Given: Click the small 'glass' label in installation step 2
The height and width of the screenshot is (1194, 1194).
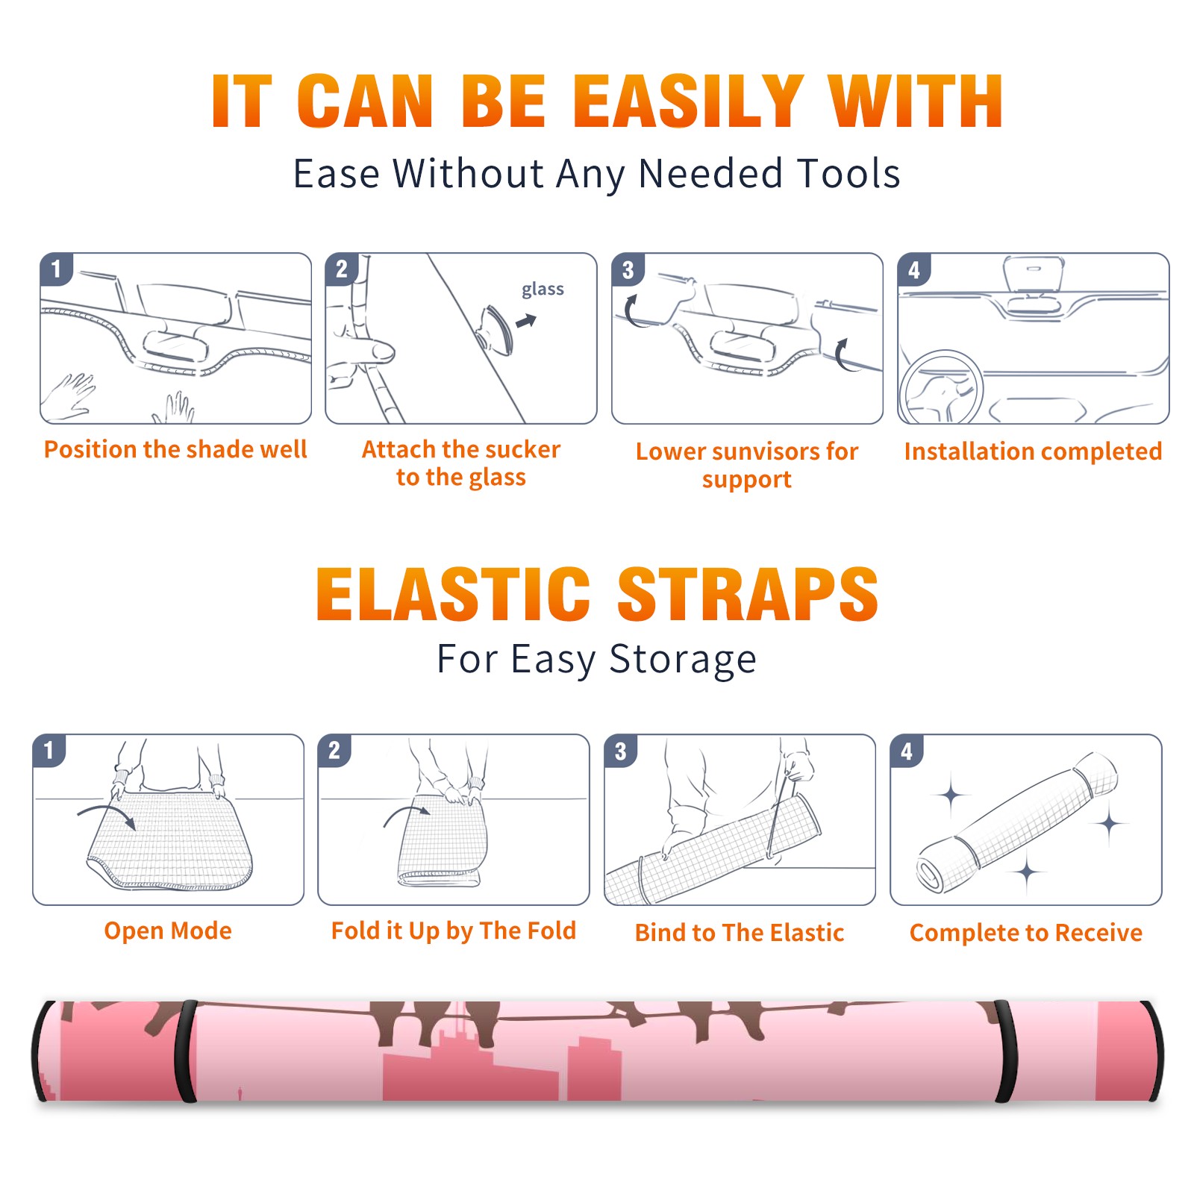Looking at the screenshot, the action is point(543,290).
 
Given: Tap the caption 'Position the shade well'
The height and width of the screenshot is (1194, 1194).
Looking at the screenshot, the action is point(175,449).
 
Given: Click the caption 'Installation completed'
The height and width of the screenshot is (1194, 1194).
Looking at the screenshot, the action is point(1033,451).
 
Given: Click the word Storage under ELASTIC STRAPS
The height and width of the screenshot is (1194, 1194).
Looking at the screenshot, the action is point(683,660).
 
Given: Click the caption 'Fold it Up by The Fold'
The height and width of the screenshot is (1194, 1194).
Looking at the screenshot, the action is point(454,931).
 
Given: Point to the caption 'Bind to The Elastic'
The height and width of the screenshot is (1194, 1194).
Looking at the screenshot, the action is point(740,933).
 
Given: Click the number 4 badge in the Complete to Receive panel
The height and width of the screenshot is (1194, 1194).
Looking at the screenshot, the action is point(907,751).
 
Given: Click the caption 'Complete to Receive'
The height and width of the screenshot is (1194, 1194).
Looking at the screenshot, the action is point(1026,933).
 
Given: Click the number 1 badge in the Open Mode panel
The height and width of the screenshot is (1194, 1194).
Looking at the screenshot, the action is point(49,750).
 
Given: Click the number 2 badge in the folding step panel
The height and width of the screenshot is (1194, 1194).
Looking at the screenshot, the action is point(334,750).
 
